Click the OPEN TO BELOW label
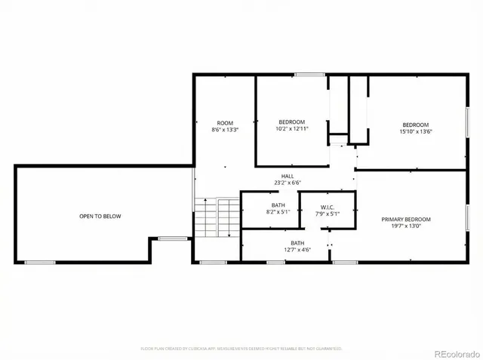[x=100, y=217]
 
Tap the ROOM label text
[x=225, y=123]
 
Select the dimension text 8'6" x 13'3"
[x=225, y=130]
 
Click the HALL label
[x=288, y=176]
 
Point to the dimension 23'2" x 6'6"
[x=288, y=183]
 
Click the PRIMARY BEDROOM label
[x=411, y=220]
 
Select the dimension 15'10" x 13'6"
[x=415, y=131]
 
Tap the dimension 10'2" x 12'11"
[x=292, y=129]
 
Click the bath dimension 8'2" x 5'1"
[x=278, y=213]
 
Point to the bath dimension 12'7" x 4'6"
[x=297, y=250]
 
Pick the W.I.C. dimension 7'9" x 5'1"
[x=327, y=214]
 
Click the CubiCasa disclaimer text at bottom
[x=241, y=349]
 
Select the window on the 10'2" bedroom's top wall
[x=305, y=74]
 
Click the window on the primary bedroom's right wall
[x=467, y=217]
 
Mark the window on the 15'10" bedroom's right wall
[x=467, y=122]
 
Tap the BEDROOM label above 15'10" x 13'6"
[x=415, y=125]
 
